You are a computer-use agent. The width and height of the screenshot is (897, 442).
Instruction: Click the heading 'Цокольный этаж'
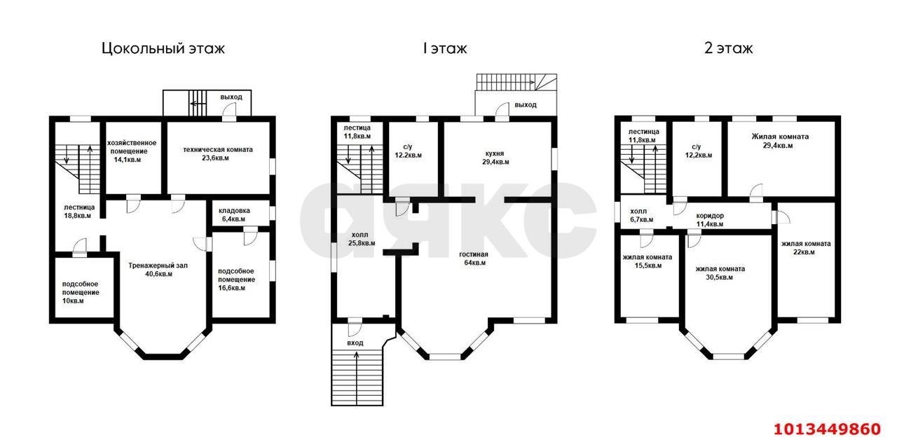coord(163,48)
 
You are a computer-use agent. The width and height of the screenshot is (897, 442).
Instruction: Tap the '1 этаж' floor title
coord(444,48)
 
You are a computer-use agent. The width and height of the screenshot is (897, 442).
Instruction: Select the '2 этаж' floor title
coord(728,48)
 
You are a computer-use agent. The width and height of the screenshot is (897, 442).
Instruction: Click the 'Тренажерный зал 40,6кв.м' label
coord(158,270)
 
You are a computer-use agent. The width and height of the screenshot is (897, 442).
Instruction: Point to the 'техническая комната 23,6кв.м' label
coord(217,153)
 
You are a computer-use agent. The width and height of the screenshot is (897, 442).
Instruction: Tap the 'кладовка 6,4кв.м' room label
coord(234,214)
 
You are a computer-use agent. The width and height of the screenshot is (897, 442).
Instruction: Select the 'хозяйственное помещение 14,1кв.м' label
coord(132,151)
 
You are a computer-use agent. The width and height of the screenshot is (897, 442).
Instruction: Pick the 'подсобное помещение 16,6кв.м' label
coord(236,279)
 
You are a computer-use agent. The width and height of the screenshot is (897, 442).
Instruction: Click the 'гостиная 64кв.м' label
coord(474,258)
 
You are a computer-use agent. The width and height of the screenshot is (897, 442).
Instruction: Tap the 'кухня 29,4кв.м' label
coord(495,157)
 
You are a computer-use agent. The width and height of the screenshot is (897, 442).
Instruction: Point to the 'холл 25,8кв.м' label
coord(360,238)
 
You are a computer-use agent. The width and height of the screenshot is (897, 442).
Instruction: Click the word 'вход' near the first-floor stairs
coord(355,343)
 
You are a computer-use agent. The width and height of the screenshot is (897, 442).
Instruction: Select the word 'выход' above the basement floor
coord(231,97)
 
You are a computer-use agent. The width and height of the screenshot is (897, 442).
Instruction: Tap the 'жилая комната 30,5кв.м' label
coord(720,272)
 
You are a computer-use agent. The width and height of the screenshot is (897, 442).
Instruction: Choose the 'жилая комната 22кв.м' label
coord(806,247)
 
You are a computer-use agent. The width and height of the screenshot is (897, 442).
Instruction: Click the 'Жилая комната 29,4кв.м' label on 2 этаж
coord(780,141)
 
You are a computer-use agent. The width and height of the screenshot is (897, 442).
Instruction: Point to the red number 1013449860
coord(826,429)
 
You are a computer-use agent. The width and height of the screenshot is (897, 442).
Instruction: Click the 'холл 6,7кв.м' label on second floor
coord(641,214)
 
